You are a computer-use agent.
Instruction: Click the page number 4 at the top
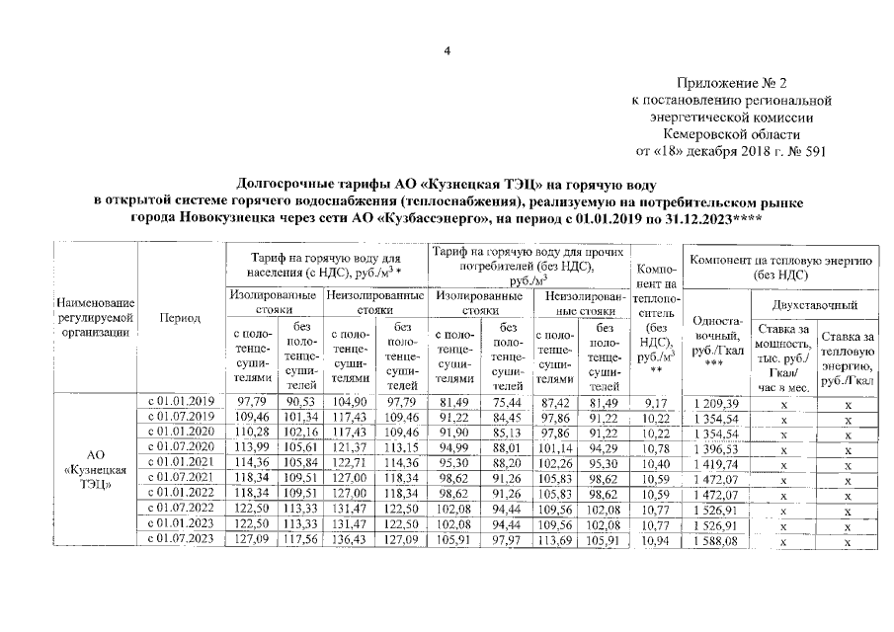[x=447, y=52]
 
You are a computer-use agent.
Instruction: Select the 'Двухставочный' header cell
[x=813, y=306]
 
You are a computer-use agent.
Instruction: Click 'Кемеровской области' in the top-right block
[x=731, y=133]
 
